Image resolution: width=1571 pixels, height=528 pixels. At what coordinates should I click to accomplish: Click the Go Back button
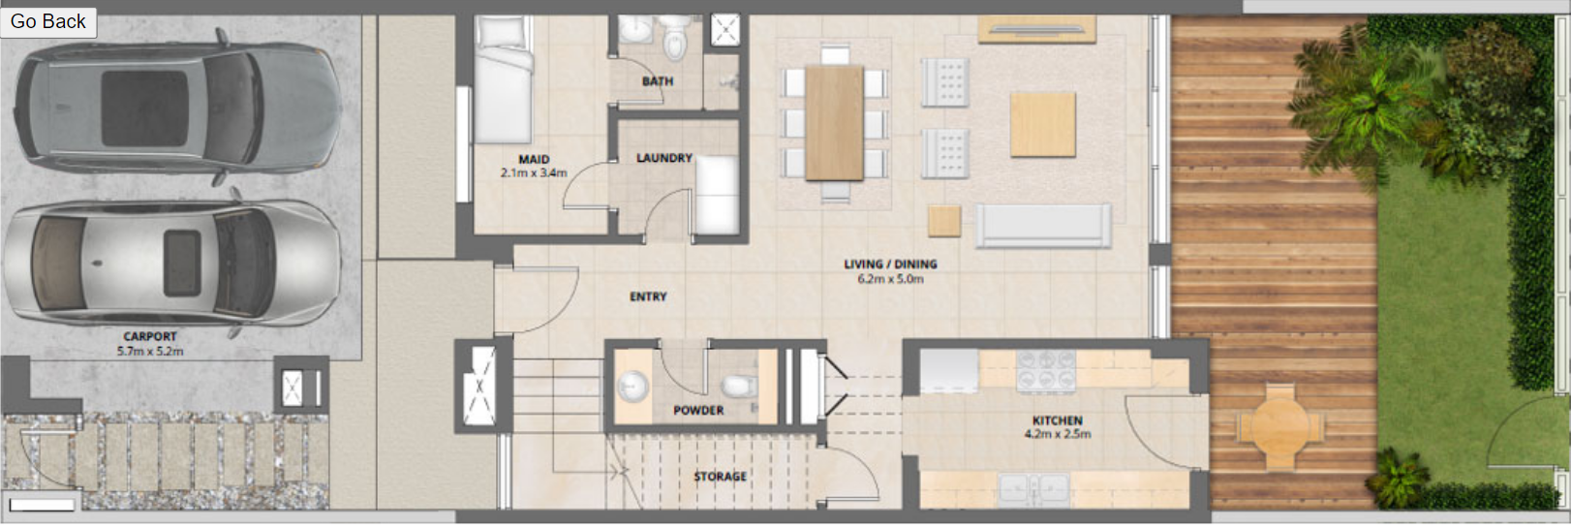click(48, 21)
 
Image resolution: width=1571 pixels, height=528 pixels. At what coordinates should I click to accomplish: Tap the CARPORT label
click(150, 336)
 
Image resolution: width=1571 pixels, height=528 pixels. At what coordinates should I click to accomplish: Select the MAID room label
click(534, 159)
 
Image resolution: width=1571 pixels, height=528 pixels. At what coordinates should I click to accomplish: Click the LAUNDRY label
click(664, 158)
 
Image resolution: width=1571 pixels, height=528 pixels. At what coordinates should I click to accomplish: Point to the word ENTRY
click(648, 296)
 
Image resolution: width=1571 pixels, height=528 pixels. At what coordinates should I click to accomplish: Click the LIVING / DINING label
click(890, 264)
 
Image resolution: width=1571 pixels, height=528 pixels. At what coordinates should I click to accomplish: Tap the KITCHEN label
click(1057, 420)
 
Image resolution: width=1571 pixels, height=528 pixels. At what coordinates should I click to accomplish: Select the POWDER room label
click(697, 410)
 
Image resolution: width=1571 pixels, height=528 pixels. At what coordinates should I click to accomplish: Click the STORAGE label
click(721, 477)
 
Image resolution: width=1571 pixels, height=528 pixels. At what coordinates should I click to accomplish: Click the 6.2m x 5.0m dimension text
click(890, 279)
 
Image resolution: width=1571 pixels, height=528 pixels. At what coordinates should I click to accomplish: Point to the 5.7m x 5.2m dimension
click(150, 352)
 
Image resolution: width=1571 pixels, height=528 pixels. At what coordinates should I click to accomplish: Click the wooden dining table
click(834, 123)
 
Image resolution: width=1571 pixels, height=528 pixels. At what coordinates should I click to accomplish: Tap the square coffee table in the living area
click(1043, 125)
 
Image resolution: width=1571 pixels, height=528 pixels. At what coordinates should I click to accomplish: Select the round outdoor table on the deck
click(1279, 424)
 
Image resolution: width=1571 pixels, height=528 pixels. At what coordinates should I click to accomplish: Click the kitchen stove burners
click(1046, 370)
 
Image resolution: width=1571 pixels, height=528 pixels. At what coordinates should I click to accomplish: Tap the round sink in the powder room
click(633, 387)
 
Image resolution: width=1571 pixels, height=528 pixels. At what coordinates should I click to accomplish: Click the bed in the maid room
click(503, 79)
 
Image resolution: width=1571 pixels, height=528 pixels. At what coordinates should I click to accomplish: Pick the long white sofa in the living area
click(1043, 226)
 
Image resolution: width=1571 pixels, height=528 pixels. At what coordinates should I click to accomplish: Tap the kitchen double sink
click(1033, 489)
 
